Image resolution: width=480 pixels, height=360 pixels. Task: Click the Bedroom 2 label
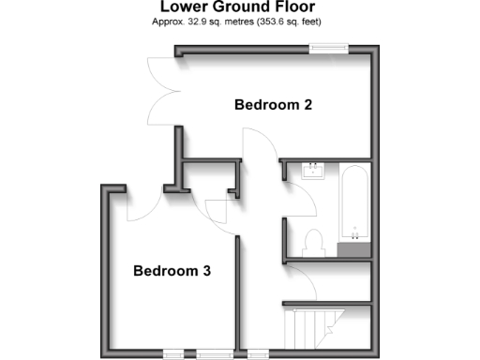point(273,105)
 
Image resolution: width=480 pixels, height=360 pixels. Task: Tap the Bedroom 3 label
point(172,272)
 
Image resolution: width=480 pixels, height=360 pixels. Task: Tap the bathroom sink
point(312,171)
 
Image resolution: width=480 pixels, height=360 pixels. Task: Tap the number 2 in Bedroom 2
point(307,105)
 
